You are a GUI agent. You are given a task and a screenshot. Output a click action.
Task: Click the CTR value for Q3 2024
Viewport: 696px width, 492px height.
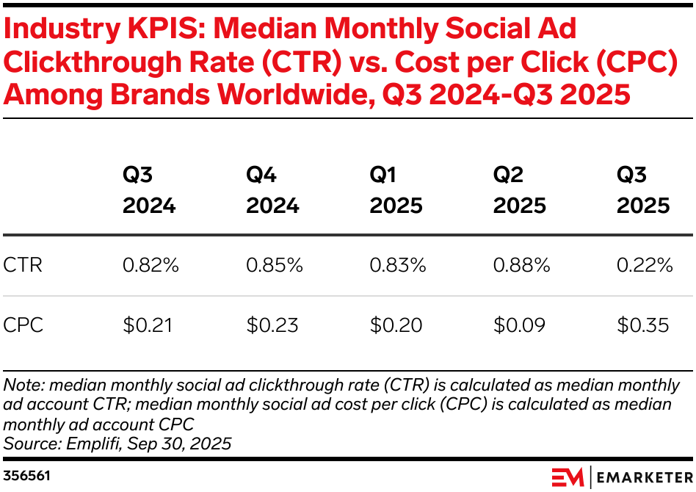point(151,265)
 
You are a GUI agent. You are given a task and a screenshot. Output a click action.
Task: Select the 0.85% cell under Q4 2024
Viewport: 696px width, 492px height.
point(274,265)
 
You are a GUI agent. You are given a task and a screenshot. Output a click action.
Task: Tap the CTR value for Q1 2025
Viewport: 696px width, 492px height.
point(397,265)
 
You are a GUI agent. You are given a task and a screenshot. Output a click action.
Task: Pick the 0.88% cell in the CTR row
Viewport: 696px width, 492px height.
point(521,265)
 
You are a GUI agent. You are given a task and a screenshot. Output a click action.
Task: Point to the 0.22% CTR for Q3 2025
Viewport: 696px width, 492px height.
point(645,265)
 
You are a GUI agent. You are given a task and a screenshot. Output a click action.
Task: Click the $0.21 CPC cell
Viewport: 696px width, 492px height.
point(148,325)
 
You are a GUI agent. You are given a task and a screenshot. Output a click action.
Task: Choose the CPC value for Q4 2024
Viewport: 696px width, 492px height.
point(272,325)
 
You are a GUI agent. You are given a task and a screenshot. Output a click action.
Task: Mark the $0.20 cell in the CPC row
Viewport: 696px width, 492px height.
point(396,325)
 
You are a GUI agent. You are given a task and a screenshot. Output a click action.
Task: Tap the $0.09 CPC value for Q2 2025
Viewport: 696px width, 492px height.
point(520,325)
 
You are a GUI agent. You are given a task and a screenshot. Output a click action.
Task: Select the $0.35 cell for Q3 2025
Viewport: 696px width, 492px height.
point(643,325)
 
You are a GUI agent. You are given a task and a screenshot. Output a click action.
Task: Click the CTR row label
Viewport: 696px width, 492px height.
point(23,265)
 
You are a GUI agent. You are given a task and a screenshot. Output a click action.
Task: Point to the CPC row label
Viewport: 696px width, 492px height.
point(23,325)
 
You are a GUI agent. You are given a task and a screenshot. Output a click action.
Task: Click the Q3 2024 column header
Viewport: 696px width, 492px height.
point(149,190)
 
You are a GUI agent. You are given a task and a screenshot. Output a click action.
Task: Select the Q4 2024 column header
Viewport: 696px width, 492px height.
point(272,190)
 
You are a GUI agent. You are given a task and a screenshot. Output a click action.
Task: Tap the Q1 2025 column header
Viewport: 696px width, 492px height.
point(396,190)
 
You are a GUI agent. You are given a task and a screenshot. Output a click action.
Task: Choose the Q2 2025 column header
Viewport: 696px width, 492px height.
point(520,190)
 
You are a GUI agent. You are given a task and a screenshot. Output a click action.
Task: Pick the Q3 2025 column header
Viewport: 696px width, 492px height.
point(643,190)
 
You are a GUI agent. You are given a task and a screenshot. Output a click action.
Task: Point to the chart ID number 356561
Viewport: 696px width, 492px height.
point(27,476)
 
